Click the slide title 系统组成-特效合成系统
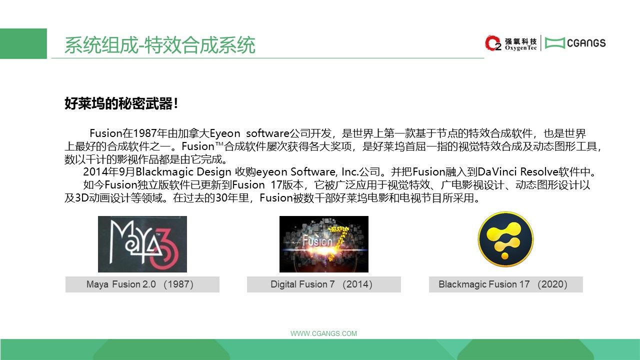[x=159, y=45]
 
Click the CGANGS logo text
[x=586, y=43]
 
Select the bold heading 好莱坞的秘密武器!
[x=121, y=103]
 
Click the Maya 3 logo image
[x=142, y=244]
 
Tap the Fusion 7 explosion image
[x=323, y=244]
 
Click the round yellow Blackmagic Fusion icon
[x=505, y=239]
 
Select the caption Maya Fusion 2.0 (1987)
[x=139, y=284]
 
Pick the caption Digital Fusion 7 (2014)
[x=321, y=284]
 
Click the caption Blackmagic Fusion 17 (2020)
[x=503, y=284]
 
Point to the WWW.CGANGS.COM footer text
[x=323, y=333]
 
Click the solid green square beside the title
[x=23, y=43]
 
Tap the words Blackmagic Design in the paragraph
[x=183, y=172]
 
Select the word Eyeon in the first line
[x=225, y=133]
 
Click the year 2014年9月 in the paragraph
[x=109, y=172]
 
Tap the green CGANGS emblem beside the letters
[x=554, y=43]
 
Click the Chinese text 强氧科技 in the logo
[x=520, y=41]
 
